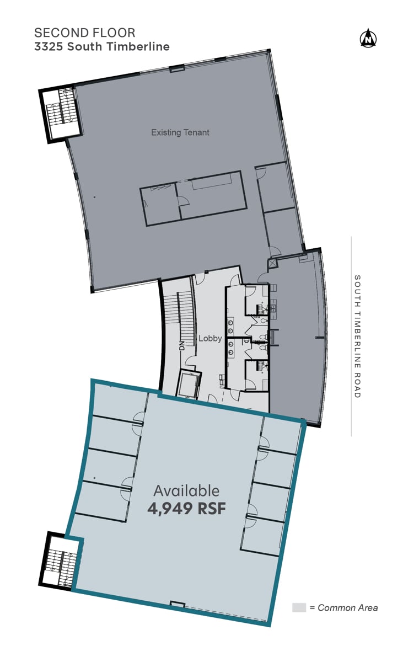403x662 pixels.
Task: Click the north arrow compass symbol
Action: point(368,38)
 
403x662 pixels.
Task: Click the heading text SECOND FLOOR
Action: point(85,33)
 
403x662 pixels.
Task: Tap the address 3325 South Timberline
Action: point(102,47)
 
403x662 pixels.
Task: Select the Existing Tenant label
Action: point(180,132)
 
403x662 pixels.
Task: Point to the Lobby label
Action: point(210,338)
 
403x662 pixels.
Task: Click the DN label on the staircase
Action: point(182,346)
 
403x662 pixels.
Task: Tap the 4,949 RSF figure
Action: point(186,508)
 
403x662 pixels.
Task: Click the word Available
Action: point(186,490)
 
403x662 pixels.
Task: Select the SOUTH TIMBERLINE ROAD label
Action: point(357,337)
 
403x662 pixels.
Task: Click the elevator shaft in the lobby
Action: point(189,384)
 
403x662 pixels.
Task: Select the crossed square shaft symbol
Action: point(272,263)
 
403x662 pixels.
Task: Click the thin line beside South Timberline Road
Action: point(351,337)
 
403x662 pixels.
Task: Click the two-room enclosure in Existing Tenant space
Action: point(194,199)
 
